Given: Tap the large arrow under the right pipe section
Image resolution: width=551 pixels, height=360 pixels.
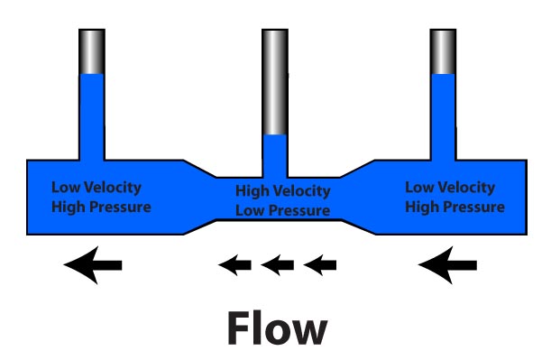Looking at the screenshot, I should (x=449, y=263).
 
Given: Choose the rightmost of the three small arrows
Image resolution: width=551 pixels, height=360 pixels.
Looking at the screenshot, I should (x=319, y=264).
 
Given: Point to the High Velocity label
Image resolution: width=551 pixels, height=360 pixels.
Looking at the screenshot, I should (x=282, y=191).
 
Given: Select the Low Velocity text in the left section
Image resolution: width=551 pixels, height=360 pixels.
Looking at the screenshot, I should (x=96, y=188).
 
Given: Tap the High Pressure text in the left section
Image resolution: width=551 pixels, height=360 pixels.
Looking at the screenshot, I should (x=100, y=207).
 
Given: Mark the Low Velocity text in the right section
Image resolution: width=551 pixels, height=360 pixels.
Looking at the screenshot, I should (x=450, y=188).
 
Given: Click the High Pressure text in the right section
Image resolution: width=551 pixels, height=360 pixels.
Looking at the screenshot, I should (x=455, y=207).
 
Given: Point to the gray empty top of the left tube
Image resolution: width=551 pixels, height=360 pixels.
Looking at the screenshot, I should (x=92, y=51).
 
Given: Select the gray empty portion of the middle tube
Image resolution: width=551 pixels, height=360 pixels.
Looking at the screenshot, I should (x=275, y=81).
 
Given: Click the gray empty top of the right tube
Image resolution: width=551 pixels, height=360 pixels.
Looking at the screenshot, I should (x=443, y=51).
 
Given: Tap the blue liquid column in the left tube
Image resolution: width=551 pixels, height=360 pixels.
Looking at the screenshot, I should (x=92, y=117).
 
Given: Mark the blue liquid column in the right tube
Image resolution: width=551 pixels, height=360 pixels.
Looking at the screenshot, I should (x=443, y=117).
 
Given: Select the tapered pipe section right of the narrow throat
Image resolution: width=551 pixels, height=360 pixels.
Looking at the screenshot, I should (x=354, y=195).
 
